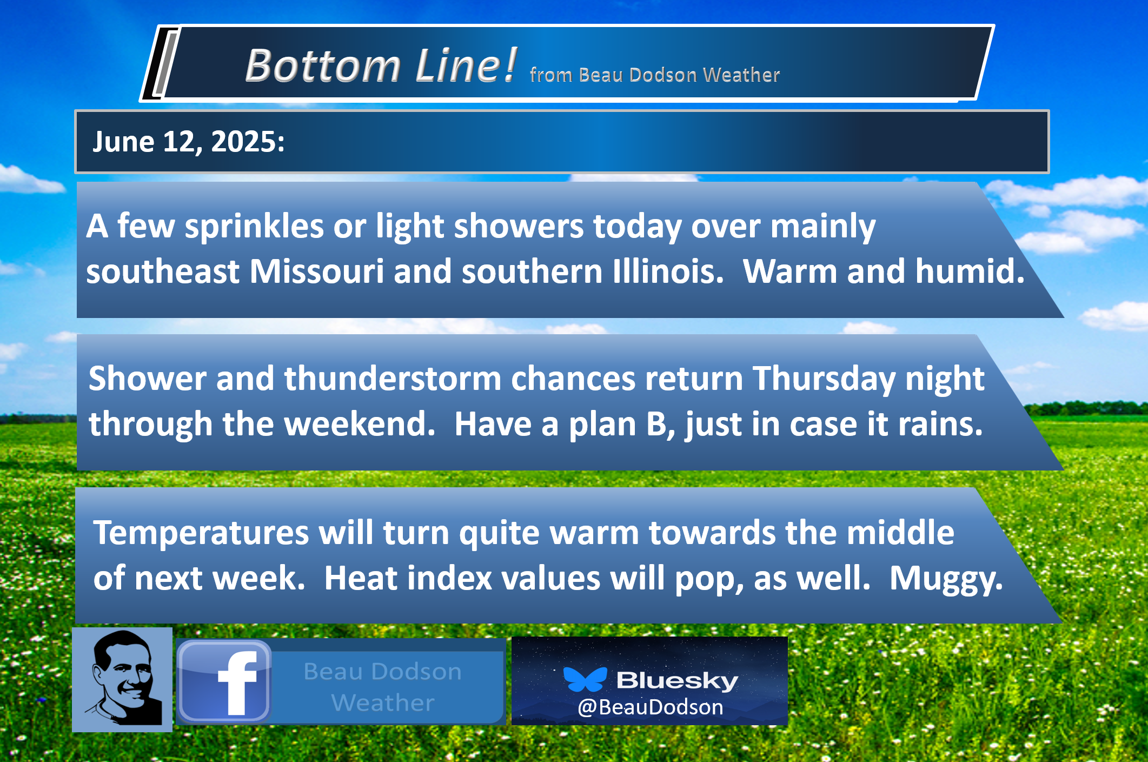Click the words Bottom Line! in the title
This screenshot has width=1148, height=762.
[x=381, y=65]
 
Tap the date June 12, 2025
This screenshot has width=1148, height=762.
[x=189, y=142]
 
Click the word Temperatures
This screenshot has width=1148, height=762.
[x=201, y=534]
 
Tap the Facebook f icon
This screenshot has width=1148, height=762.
[x=224, y=681]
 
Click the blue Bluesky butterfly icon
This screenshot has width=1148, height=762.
[x=585, y=679]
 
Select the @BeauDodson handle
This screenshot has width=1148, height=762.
[x=650, y=707]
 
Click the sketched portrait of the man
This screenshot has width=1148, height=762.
[x=122, y=679]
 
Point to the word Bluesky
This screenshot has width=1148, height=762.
[x=677, y=680]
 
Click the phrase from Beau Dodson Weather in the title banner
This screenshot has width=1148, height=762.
[x=655, y=75]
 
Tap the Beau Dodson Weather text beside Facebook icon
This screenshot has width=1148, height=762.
[x=383, y=687]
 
